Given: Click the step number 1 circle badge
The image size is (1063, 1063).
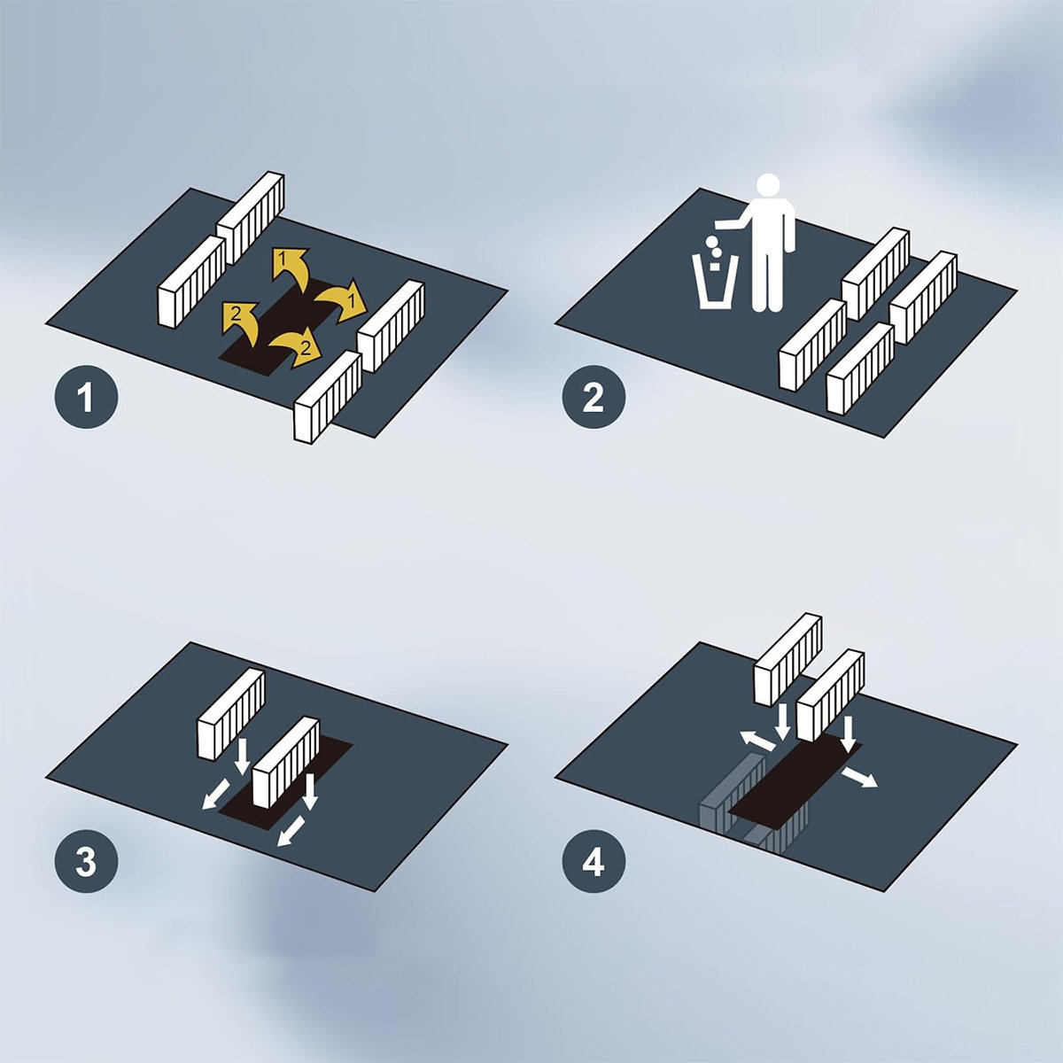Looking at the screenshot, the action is coord(86,397).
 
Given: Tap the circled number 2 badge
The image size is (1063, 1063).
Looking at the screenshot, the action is coord(594,397).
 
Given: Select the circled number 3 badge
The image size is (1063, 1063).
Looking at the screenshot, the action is coord(86,862).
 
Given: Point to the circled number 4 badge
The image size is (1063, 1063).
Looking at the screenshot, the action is coord(594,862).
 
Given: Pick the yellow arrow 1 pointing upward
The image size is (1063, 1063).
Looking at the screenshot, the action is coord(292,268).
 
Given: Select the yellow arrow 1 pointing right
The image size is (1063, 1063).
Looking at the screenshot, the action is coord(343,299).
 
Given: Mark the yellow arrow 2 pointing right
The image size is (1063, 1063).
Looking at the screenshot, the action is coord(295,347).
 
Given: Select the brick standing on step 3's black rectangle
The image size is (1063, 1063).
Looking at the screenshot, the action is coord(286,760).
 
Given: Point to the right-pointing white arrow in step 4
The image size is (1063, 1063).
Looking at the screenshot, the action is coord(858,777).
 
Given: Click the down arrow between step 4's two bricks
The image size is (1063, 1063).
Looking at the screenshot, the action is coord(781,723).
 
